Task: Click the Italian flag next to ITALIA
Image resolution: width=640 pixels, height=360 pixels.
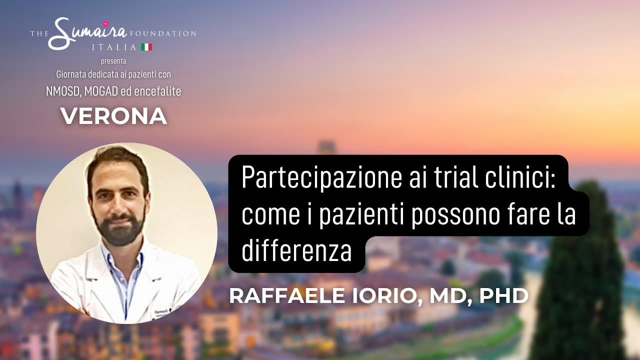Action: pos(146,47)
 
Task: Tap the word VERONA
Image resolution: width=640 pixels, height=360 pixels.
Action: pos(113,116)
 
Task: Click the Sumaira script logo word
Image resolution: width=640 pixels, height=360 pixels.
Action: pos(87,33)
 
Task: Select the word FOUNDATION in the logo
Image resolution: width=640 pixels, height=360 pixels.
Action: pos(163,33)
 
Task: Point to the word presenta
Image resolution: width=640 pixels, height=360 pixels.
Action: pos(113,61)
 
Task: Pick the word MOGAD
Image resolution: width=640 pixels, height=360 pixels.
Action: pos(101,91)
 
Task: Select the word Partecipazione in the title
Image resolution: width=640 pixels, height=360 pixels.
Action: pos(321,178)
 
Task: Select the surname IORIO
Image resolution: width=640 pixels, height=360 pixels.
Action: pos(387,296)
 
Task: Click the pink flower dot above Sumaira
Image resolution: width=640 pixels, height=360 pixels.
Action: pos(105,23)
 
